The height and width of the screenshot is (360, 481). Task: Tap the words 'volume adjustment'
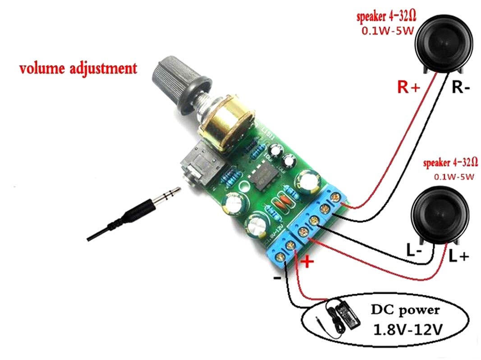pyautogui.click(x=77, y=69)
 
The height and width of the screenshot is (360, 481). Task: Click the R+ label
pyautogui.click(x=408, y=87)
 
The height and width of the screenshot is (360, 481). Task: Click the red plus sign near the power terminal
pyautogui.click(x=307, y=263)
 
